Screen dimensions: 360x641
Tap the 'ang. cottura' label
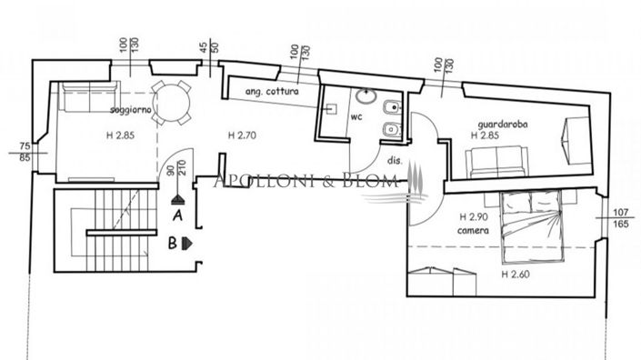coord(271,93)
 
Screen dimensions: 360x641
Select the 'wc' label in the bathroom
coord(356,116)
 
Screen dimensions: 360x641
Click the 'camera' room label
coord(475,231)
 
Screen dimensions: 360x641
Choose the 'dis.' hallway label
coord(394,160)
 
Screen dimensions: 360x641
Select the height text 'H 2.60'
coord(518,272)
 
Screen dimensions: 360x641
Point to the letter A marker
coord(178,215)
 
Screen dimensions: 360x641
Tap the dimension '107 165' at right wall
coord(620,218)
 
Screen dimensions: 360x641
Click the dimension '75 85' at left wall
coord(25,151)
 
